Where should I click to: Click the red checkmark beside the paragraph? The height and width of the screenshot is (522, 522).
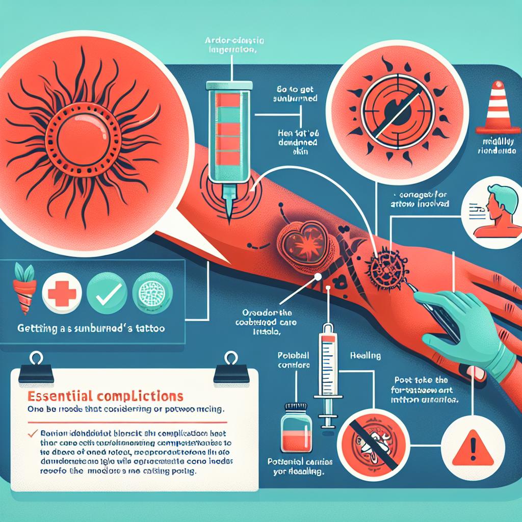click(x=33, y=433)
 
